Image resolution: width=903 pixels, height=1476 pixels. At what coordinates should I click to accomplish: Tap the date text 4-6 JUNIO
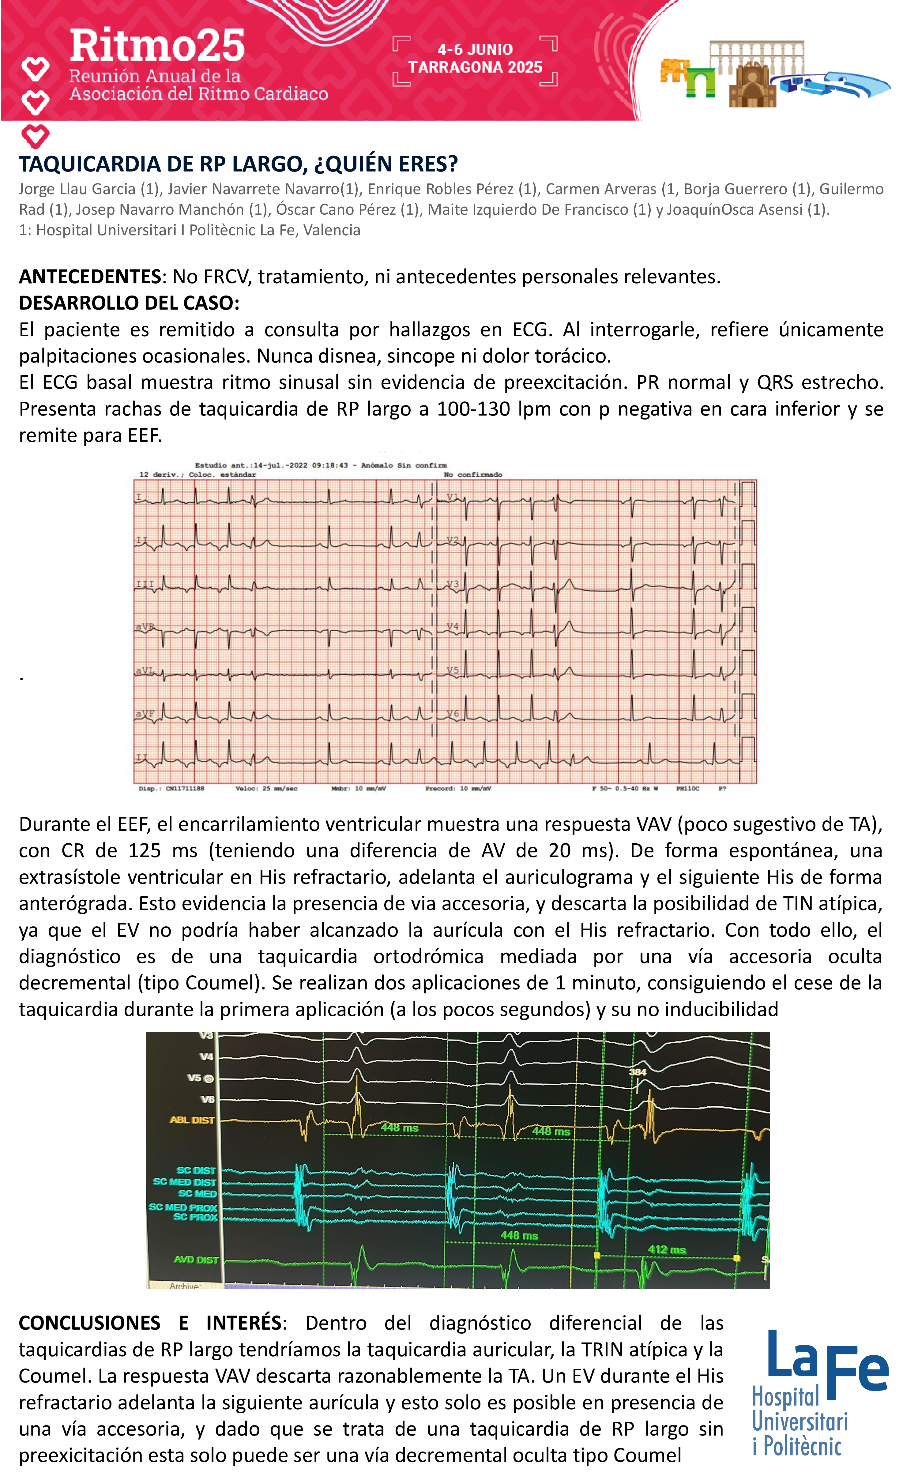(475, 50)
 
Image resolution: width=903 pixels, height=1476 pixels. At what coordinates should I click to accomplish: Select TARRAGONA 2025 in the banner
(475, 67)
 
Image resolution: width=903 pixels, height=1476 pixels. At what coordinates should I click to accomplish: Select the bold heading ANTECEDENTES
(90, 277)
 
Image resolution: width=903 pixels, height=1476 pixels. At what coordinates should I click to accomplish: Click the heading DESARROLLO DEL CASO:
(129, 303)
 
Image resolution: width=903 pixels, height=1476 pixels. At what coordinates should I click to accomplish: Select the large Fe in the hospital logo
(857, 1369)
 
